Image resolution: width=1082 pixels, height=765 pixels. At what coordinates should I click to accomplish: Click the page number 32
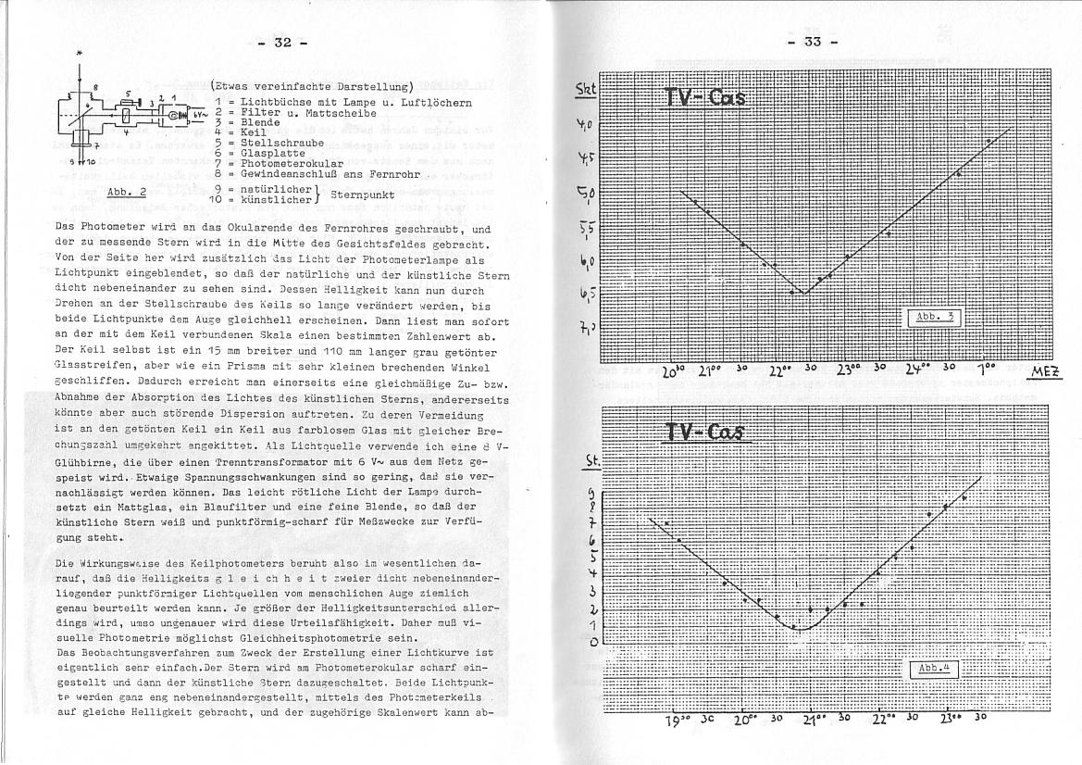[282, 43]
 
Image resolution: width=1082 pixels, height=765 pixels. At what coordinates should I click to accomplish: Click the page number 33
[812, 43]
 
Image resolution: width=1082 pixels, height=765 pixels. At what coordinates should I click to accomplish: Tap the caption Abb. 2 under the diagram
[127, 193]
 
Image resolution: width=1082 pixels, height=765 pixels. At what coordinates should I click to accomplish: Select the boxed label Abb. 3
[935, 318]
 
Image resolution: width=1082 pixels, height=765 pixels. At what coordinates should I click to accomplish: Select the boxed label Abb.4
[936, 669]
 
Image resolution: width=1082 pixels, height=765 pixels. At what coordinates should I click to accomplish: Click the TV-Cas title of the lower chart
[705, 433]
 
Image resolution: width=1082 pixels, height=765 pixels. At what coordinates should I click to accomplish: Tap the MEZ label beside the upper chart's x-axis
[1046, 372]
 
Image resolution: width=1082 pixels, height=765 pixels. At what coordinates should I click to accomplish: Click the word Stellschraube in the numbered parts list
[275, 142]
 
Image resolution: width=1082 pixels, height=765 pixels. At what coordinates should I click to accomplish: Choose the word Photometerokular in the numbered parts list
[286, 162]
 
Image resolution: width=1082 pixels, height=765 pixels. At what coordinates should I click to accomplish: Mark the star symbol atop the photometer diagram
[80, 55]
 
